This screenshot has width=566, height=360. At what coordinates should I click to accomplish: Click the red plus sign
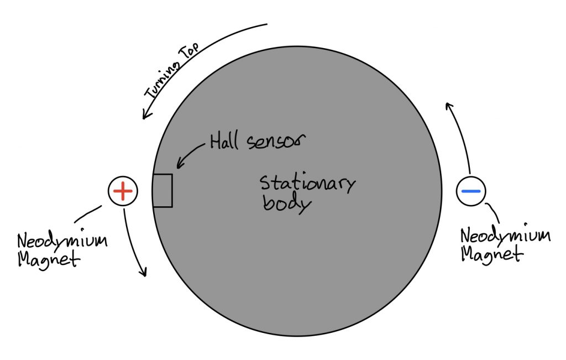point(122,191)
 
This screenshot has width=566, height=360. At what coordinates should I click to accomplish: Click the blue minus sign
point(471,191)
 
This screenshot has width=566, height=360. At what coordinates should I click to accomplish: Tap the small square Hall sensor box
point(163,191)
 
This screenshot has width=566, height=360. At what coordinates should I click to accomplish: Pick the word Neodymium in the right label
point(505,236)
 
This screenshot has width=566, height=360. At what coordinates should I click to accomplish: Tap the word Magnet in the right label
point(491,254)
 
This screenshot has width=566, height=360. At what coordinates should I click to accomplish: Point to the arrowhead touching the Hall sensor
point(178,165)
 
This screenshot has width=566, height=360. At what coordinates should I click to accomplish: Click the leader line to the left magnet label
point(88,215)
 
